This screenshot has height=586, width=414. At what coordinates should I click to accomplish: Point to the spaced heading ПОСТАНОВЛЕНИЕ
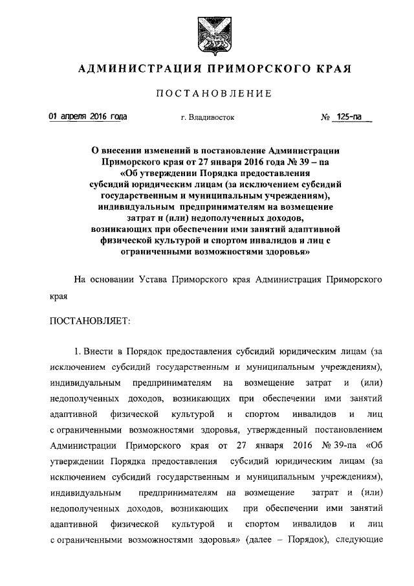(x=206, y=94)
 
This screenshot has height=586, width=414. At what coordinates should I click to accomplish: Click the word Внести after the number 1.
(x=98, y=351)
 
